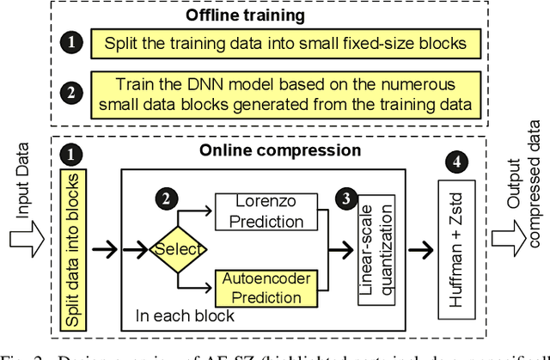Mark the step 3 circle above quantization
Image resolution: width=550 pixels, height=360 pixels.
[x=343, y=197]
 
